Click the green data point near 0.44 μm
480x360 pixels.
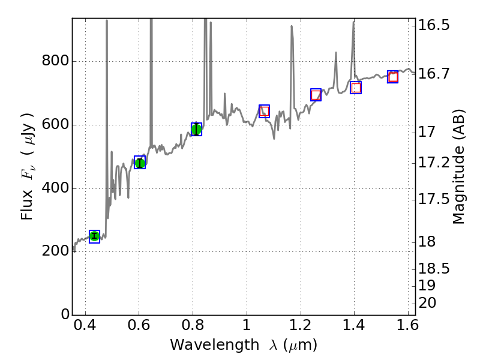click(x=94, y=236)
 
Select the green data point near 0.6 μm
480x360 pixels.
click(x=140, y=163)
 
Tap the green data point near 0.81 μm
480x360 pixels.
click(x=196, y=129)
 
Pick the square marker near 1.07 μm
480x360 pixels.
click(x=264, y=111)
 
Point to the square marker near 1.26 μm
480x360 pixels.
click(x=316, y=95)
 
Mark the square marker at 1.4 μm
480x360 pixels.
click(x=356, y=88)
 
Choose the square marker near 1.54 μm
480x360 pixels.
click(x=393, y=77)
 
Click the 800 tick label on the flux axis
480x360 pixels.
click(x=55, y=62)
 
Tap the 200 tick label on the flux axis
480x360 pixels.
click(x=55, y=252)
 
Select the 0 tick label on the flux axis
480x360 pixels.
click(x=63, y=315)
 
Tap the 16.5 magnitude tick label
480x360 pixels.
click(x=435, y=26)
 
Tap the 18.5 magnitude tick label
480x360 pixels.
click(x=435, y=268)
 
